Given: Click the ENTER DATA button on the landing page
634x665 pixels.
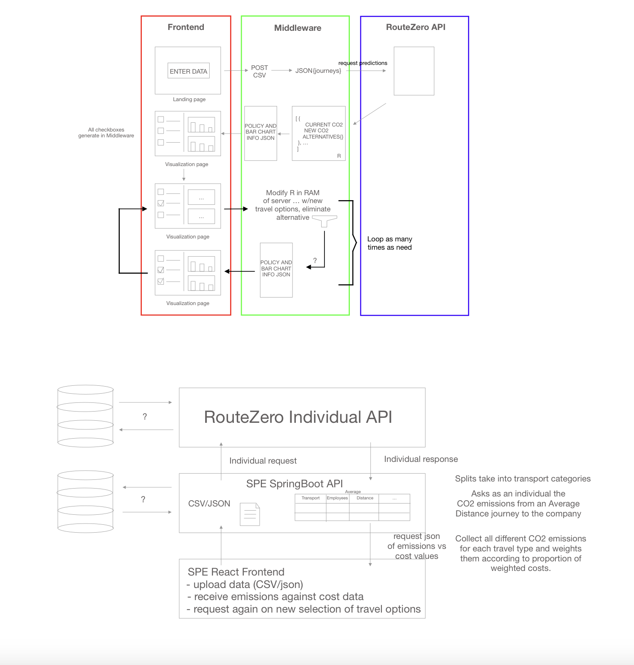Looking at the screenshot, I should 188,71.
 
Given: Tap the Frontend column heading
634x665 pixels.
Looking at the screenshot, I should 186,27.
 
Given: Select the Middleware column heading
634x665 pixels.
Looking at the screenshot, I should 297,28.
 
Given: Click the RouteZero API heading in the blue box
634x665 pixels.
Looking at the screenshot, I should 415,27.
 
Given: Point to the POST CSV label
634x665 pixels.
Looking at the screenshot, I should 259,71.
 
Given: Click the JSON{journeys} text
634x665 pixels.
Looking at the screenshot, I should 318,71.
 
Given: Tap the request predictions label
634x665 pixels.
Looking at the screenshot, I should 362,63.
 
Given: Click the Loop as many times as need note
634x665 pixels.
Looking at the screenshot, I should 389,243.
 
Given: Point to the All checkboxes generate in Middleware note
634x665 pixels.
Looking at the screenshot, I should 106,132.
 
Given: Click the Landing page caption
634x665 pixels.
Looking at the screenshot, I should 189,99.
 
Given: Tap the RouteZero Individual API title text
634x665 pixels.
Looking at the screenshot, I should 298,417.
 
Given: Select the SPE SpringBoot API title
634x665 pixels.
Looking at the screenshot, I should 294,484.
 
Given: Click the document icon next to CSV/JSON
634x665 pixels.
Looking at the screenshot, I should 250,514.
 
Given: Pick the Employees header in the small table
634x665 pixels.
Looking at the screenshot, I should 337,498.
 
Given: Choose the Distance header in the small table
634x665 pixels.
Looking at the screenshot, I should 364,498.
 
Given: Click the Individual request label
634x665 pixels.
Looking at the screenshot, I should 263,461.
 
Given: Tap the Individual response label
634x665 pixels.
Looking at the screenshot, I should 421,459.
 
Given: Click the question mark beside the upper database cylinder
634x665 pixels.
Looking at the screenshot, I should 145,416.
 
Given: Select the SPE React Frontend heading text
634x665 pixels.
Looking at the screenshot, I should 236,572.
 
